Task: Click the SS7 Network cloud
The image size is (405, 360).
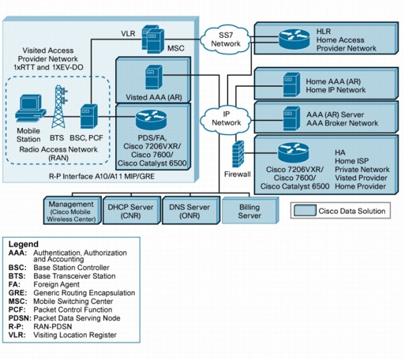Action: (226, 39)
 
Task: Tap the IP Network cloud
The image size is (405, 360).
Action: (226, 119)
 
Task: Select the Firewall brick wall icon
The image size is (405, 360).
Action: (238, 154)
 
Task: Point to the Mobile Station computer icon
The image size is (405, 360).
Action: (30, 108)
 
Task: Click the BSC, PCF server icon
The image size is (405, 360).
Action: (88, 116)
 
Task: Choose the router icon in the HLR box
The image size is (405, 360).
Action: (294, 39)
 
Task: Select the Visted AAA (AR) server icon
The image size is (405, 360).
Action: (154, 77)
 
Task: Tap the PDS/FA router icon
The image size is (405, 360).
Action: (151, 120)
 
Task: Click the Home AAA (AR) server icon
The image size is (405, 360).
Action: (291, 84)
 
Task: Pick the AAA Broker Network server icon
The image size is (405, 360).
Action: (291, 118)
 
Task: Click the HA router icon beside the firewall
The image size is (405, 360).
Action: (293, 152)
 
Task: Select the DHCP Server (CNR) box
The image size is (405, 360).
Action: (132, 210)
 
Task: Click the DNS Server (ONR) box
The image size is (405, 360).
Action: (191, 210)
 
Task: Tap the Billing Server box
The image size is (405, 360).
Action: (250, 210)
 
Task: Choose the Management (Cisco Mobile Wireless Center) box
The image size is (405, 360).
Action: (73, 210)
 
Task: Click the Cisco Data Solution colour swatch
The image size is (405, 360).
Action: (305, 211)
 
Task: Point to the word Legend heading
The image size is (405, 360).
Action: (24, 244)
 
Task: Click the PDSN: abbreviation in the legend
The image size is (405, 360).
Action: (20, 318)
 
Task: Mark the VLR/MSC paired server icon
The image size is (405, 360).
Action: (153, 39)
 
